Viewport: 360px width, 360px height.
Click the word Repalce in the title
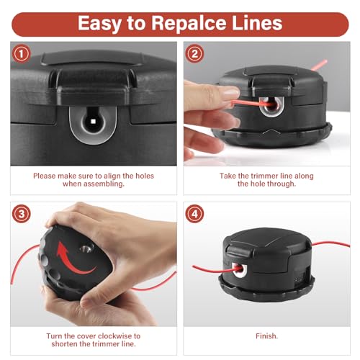[x=188, y=24]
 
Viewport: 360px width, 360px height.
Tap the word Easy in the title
[x=99, y=24]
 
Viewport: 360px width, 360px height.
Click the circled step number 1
[x=21, y=54]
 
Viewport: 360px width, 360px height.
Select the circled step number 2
[x=194, y=54]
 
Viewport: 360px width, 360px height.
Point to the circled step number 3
[x=22, y=214]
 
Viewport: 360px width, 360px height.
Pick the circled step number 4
[x=194, y=214]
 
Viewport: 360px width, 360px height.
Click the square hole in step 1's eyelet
[x=93, y=122]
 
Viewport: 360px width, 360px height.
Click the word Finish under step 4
[x=266, y=336]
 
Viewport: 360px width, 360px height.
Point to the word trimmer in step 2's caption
[x=263, y=176]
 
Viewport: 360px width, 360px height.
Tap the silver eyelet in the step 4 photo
[x=240, y=270]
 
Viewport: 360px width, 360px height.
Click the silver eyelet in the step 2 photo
[x=271, y=107]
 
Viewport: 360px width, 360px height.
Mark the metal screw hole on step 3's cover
[x=86, y=249]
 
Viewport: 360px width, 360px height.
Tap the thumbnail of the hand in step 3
[x=87, y=302]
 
